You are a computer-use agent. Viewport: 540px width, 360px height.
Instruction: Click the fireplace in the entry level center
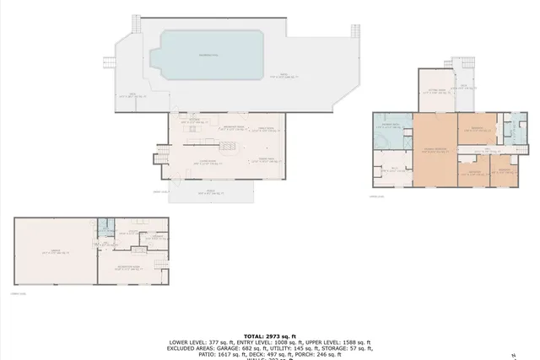coord(226,147)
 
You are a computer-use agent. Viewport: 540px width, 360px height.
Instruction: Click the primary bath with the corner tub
coord(391,131)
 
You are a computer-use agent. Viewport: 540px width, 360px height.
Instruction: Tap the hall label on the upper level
coord(478,148)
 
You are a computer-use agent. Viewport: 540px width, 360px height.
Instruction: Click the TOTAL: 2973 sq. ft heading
coord(270,336)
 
